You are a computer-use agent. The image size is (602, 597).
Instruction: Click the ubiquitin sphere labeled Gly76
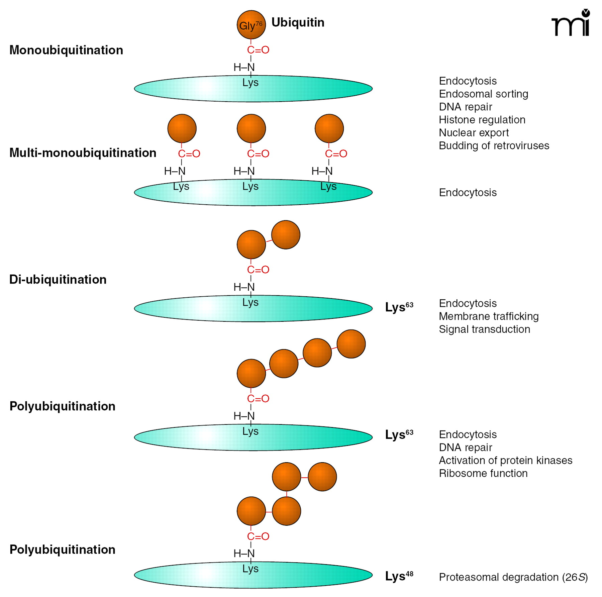click(251, 25)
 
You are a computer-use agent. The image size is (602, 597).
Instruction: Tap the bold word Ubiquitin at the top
click(298, 22)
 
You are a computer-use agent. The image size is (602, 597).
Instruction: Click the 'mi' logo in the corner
click(571, 23)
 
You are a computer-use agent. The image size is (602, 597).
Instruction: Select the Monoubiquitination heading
click(66, 50)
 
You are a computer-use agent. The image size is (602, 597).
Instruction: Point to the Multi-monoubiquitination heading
click(83, 153)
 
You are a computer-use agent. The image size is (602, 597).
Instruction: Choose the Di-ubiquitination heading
click(58, 279)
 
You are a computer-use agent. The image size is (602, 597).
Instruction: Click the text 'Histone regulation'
click(482, 119)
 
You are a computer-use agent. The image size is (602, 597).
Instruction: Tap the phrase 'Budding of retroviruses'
click(494, 145)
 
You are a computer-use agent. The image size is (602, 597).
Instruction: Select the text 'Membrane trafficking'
click(489, 316)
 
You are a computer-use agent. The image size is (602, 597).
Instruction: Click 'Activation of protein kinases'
click(505, 460)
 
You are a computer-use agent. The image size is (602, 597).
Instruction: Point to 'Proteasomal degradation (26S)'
click(513, 577)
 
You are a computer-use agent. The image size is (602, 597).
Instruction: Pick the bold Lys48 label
click(399, 576)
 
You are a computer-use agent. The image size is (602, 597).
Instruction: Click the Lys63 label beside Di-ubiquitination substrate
click(399, 307)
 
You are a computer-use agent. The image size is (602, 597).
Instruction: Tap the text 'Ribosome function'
click(483, 473)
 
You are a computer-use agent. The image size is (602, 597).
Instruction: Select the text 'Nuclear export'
click(474, 132)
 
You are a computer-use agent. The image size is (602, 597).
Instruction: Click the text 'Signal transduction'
click(484, 329)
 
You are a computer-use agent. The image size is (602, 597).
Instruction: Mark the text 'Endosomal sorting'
click(483, 94)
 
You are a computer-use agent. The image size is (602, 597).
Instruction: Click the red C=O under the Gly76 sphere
click(258, 50)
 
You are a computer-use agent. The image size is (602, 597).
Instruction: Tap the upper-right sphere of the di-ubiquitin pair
click(286, 235)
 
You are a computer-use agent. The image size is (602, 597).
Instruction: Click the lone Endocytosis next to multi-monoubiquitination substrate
click(468, 192)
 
